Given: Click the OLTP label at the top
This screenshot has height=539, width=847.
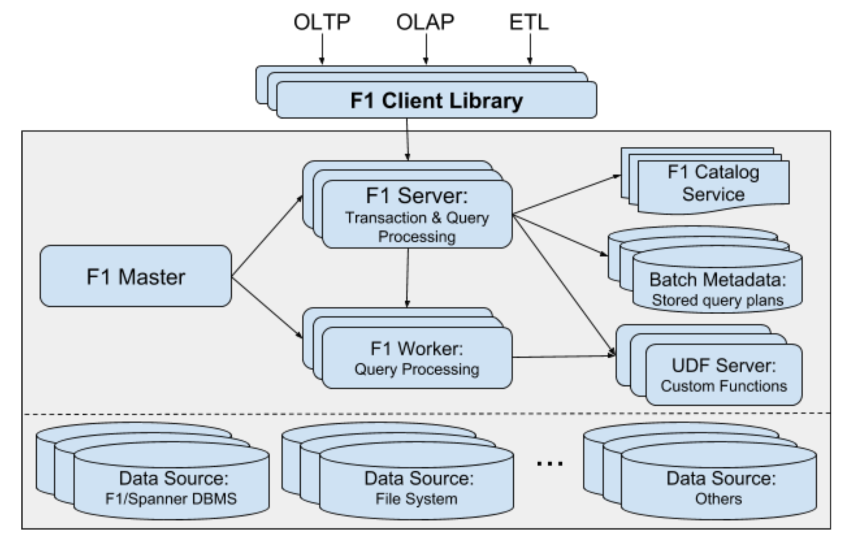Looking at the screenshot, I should click(x=322, y=22).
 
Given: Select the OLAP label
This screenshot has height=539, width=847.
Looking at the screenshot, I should click(x=425, y=22).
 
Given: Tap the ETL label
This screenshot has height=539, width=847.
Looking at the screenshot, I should click(x=529, y=22).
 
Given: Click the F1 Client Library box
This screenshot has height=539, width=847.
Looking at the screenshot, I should click(x=436, y=100).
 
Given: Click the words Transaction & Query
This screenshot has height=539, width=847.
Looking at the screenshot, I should click(x=417, y=218).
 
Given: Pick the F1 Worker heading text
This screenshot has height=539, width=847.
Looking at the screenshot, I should click(x=416, y=349).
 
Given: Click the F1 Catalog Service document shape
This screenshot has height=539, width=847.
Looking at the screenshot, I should click(x=713, y=184).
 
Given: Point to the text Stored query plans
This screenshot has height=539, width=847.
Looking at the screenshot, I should click(x=717, y=300).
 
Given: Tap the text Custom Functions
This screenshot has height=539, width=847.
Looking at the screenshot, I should click(x=724, y=386).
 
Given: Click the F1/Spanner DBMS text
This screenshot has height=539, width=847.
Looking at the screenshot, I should click(x=171, y=499).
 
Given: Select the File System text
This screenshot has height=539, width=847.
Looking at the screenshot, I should click(x=416, y=499).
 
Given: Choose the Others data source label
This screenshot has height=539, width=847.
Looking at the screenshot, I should click(x=718, y=499).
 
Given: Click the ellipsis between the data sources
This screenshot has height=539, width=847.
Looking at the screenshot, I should click(x=549, y=463).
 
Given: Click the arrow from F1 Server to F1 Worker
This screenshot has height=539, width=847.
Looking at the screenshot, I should click(x=408, y=278).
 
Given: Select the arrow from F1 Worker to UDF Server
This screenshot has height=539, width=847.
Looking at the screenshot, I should click(x=563, y=356).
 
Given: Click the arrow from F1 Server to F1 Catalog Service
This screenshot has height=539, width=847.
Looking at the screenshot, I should click(x=566, y=195).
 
